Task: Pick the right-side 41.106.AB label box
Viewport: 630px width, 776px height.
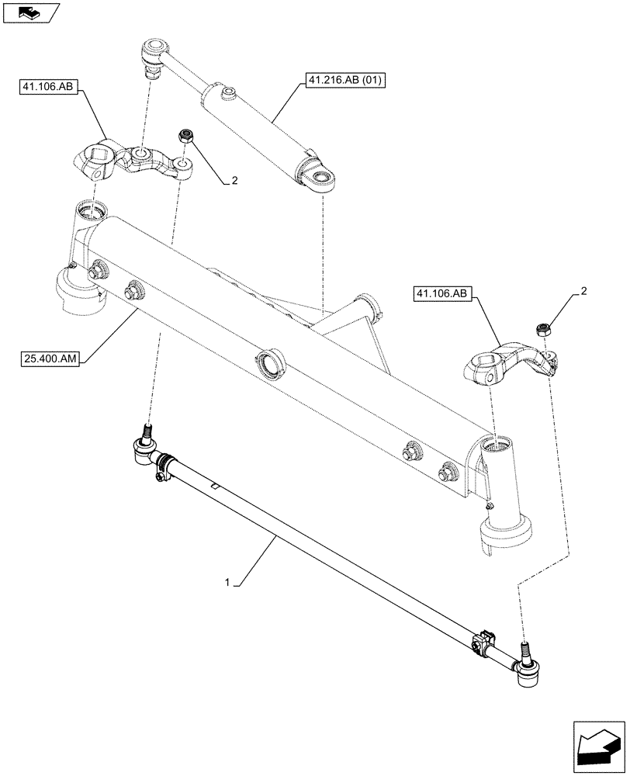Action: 443,294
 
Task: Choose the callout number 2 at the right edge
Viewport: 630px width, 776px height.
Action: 583,291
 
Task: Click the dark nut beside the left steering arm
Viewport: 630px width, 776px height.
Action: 187,135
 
